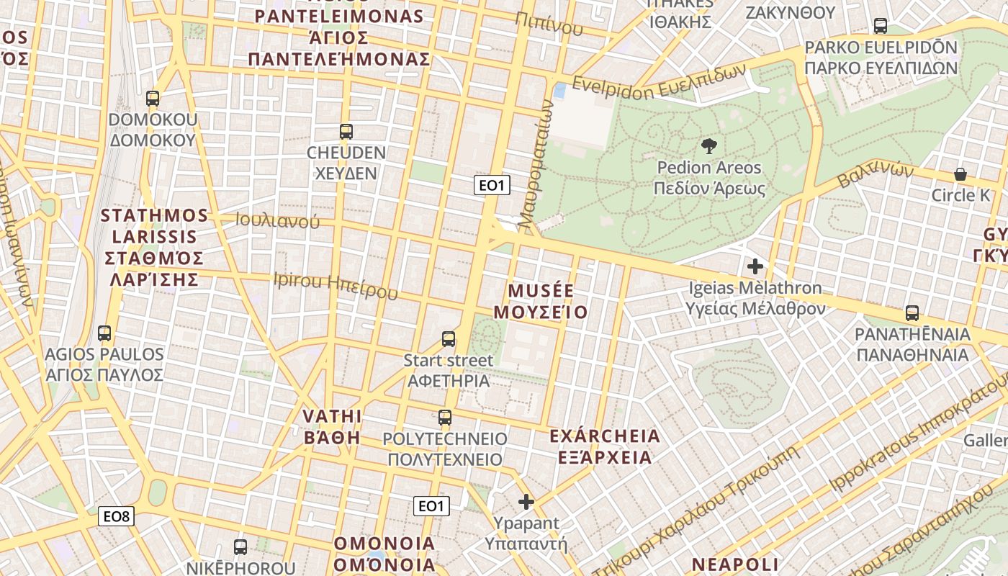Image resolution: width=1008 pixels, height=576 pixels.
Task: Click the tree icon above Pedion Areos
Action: tap(708, 146)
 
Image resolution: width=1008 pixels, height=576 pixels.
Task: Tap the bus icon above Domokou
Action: tap(153, 98)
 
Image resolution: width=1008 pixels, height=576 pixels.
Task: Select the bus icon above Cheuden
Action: tap(346, 132)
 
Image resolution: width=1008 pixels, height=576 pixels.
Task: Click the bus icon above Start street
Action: tap(449, 338)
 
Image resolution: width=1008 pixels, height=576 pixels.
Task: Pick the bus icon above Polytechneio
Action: tap(445, 417)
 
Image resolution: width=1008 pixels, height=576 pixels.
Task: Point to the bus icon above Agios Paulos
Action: tap(104, 333)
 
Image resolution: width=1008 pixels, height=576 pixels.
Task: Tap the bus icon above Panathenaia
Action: tap(912, 313)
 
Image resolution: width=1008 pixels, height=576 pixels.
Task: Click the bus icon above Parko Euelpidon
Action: tap(880, 26)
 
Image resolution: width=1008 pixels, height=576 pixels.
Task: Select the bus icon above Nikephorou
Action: tap(240, 546)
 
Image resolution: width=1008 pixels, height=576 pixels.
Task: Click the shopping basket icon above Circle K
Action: tap(960, 174)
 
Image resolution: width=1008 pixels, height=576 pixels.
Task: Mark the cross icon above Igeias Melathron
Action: tap(755, 266)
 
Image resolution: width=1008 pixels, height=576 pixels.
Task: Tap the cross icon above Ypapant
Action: tap(526, 501)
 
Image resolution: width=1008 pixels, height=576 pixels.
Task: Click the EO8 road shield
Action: tap(116, 516)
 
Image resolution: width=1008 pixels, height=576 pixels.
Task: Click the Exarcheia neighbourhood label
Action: tap(604, 446)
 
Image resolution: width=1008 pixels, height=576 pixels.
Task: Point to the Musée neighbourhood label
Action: tap(547, 302)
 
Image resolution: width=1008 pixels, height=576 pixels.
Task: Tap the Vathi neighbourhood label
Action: tap(332, 427)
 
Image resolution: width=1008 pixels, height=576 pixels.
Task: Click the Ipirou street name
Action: tap(335, 285)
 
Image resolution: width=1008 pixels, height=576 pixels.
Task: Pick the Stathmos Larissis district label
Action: tap(154, 247)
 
